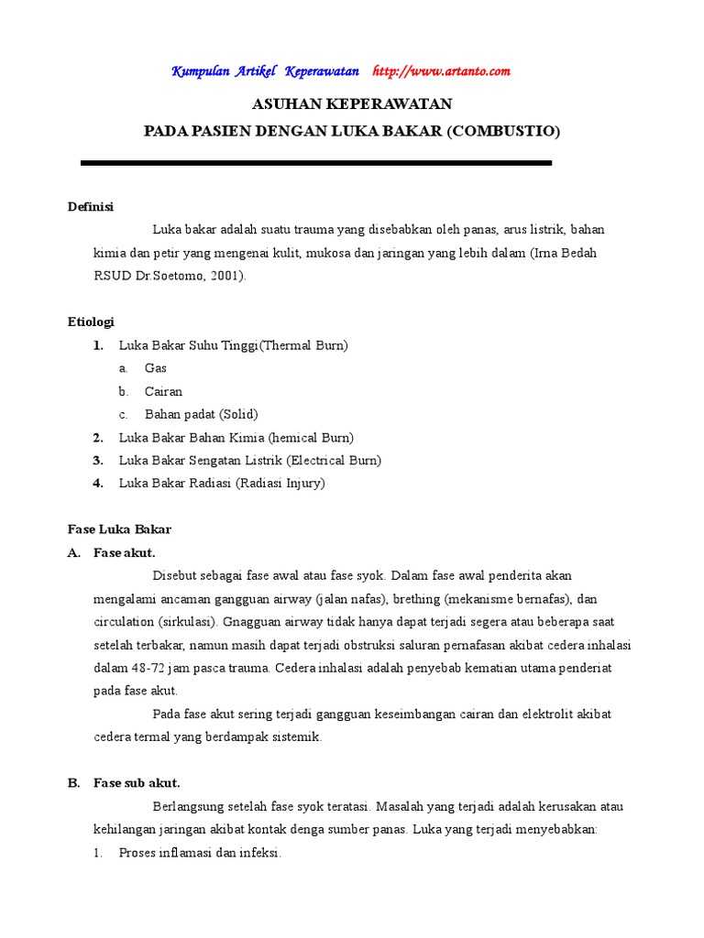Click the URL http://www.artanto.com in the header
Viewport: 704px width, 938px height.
pos(441,71)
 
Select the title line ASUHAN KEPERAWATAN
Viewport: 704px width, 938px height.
pos(352,104)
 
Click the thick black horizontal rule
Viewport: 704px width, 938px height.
pos(316,163)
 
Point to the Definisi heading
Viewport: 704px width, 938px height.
pos(91,207)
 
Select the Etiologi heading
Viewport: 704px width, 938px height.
pos(91,322)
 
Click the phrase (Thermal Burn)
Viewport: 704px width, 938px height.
pos(303,345)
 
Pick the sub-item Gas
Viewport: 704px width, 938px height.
pos(156,368)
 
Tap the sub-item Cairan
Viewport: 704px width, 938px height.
pos(163,391)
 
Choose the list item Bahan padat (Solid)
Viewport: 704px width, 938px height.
pos(201,414)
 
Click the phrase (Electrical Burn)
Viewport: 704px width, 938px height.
pos(334,460)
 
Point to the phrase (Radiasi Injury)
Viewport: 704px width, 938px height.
pos(280,483)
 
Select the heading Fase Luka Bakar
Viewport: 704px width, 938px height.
pos(119,529)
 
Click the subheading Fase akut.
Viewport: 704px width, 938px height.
pos(124,552)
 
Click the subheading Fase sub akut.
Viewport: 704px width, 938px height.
pos(137,783)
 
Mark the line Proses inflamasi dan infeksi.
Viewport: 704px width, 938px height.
pos(199,853)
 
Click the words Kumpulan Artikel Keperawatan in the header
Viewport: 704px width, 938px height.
pos(265,71)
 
